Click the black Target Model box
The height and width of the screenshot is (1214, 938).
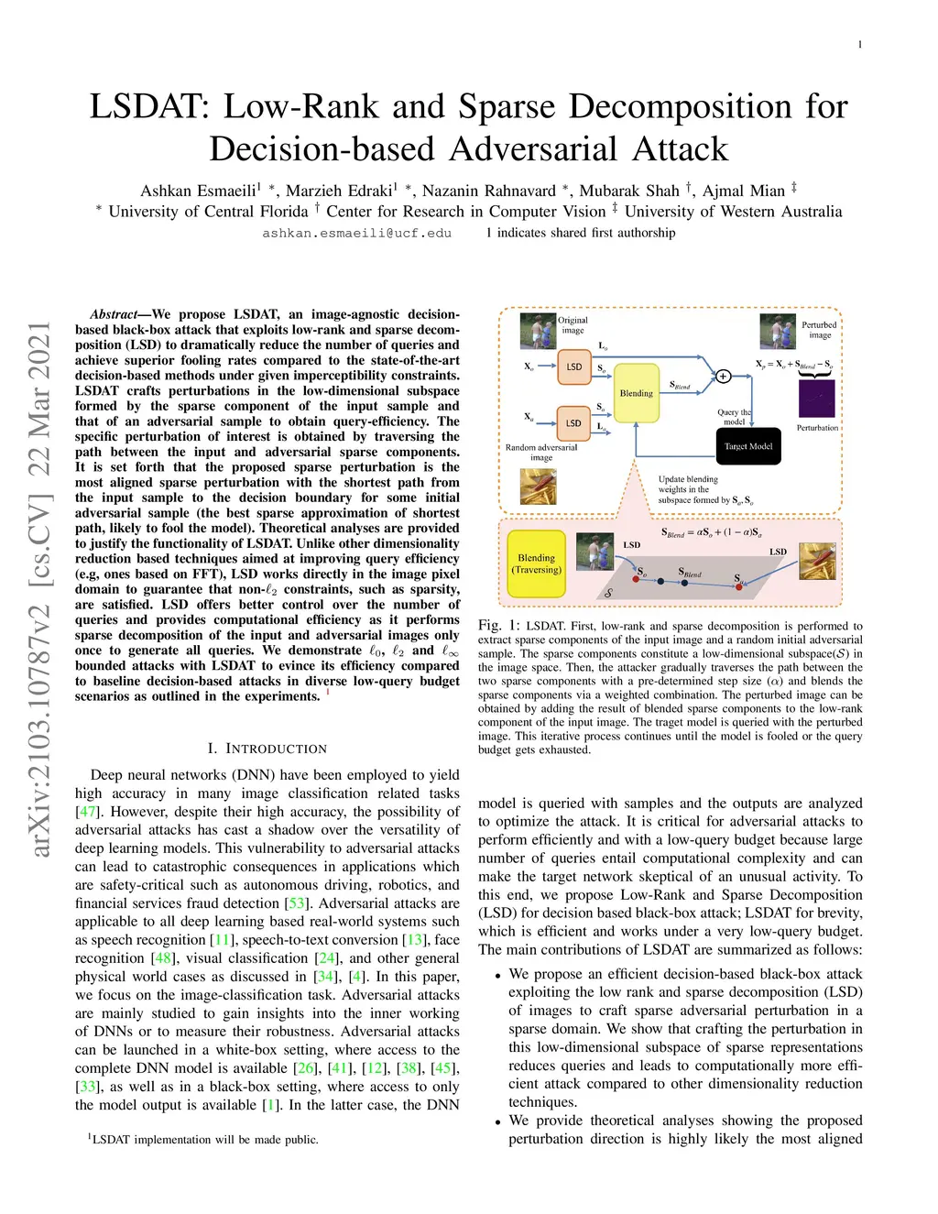[748, 446]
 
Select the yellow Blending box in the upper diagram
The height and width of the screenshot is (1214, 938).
[636, 392]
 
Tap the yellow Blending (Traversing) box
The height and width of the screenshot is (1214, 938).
[536, 563]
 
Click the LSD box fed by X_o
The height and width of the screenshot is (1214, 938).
[573, 366]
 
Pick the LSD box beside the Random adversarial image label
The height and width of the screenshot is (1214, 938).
[573, 422]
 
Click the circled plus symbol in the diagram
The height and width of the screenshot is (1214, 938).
[723, 376]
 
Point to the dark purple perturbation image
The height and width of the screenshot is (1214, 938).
[816, 398]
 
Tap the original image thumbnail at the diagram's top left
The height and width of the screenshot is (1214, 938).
[538, 332]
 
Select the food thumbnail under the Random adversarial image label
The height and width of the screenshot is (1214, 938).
[538, 487]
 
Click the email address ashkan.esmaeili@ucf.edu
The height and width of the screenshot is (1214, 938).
[356, 234]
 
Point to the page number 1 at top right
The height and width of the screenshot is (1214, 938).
[859, 45]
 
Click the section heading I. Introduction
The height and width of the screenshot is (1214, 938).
[267, 749]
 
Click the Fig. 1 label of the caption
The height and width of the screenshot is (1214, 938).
[498, 625]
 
